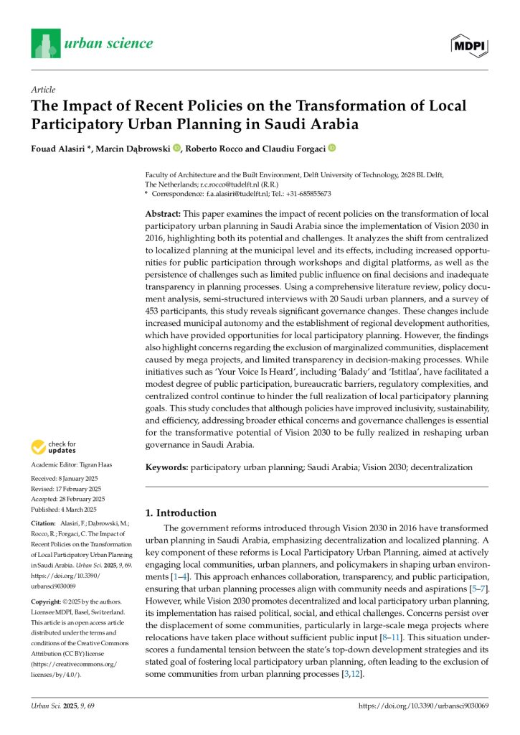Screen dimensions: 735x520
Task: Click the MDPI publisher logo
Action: tap(469, 45)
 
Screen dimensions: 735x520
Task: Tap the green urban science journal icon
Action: tap(45, 43)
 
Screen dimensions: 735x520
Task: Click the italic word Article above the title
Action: tap(44, 90)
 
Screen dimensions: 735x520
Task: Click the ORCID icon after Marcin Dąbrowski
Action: tap(176, 148)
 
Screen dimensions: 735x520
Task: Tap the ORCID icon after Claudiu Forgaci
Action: tap(331, 148)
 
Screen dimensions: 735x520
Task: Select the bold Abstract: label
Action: tap(164, 215)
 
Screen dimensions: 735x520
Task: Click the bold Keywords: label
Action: tap(167, 467)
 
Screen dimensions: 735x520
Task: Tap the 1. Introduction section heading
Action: tap(181, 512)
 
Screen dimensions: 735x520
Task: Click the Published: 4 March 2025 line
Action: tap(66, 508)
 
